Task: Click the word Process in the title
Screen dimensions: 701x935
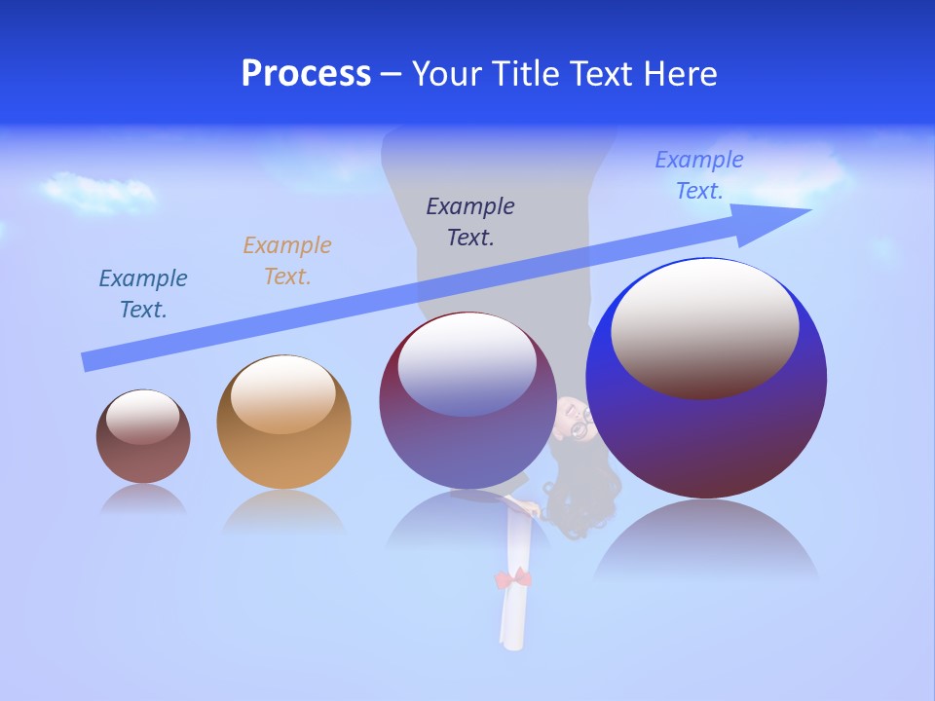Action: tap(306, 74)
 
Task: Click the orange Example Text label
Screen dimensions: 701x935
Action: tap(287, 260)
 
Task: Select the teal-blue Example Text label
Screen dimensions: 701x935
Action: tap(143, 293)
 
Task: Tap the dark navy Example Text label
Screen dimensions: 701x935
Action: tap(470, 221)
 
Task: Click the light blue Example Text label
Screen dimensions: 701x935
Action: tap(699, 174)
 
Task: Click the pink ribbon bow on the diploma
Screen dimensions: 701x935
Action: tap(513, 579)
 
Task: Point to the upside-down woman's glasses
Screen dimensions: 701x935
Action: tap(581, 425)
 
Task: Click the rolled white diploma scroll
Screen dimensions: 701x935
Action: tap(513, 613)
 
